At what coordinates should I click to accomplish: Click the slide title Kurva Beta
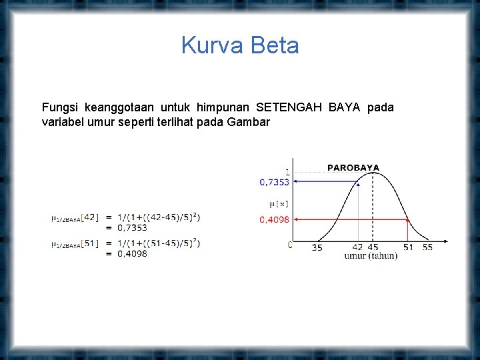[240, 46]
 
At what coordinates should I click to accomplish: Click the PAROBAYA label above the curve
[353, 168]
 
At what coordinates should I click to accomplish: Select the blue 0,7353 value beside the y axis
[274, 181]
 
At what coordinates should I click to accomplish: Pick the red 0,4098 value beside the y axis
[274, 219]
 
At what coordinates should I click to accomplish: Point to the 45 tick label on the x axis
[373, 247]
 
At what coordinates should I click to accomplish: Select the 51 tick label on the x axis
[408, 247]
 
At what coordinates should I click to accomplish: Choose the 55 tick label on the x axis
[427, 247]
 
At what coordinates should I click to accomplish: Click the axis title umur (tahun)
[371, 256]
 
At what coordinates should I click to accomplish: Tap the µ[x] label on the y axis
[279, 202]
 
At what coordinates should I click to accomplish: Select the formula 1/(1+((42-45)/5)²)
[158, 217]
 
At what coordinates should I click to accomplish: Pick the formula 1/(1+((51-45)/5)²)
[158, 243]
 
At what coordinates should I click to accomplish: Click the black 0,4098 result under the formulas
[132, 253]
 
